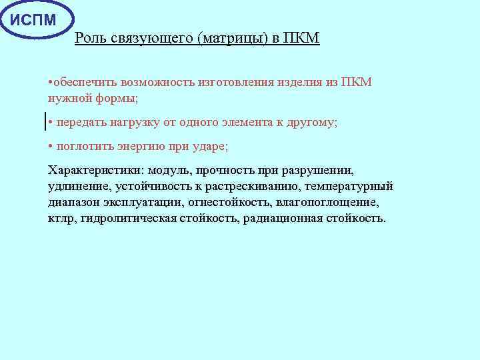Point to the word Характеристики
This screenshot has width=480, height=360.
coord(95,170)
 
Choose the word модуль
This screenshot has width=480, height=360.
coord(172,170)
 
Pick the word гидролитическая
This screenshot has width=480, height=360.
coord(123,218)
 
